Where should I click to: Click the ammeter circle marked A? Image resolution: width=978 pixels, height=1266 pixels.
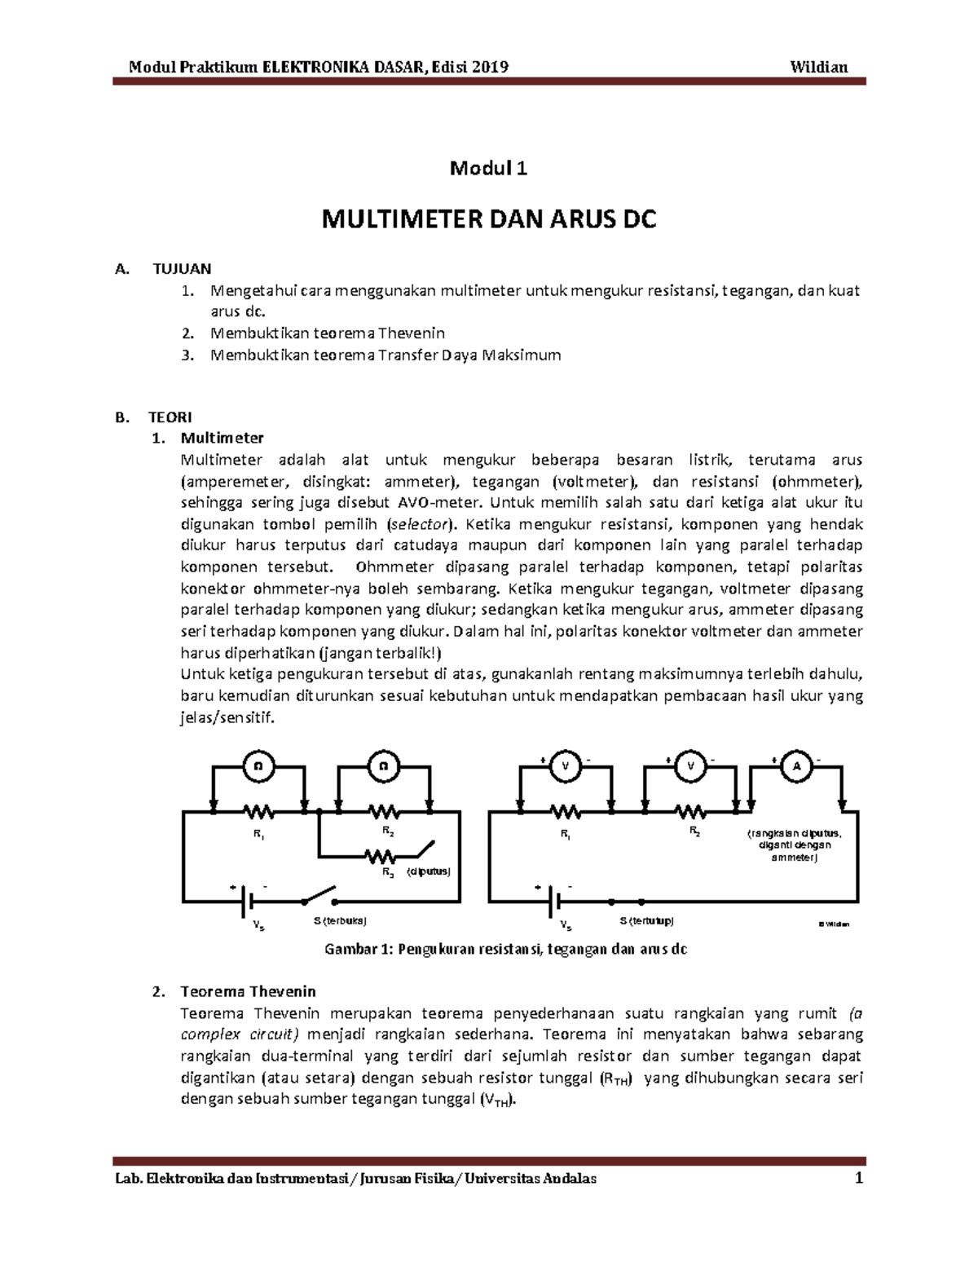pyautogui.click(x=797, y=766)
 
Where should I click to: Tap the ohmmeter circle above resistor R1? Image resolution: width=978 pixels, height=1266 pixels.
pyautogui.click(x=258, y=766)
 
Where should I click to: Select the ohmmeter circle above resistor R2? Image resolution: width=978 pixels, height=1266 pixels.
pyautogui.click(x=383, y=766)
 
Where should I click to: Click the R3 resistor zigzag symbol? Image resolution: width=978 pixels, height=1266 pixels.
pyautogui.click(x=381, y=855)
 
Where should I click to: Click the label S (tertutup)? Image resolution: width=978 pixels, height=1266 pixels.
pyautogui.click(x=646, y=921)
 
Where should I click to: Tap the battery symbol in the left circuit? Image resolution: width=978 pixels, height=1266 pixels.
pyautogui.click(x=247, y=901)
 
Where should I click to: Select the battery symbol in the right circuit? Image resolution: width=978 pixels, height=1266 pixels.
pyautogui.click(x=554, y=901)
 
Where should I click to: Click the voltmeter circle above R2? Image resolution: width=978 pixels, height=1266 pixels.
pyautogui.click(x=691, y=766)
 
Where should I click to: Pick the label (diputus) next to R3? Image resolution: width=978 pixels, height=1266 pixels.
pyautogui.click(x=430, y=871)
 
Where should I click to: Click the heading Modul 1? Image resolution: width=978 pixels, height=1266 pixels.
pyautogui.click(x=489, y=169)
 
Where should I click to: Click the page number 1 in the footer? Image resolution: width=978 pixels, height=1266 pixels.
pyautogui.click(x=858, y=1178)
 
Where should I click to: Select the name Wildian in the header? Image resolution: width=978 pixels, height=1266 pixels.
pyautogui.click(x=819, y=67)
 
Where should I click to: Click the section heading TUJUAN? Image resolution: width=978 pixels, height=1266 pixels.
pyautogui.click(x=182, y=268)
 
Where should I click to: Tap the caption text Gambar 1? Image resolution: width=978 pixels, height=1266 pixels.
pyautogui.click(x=359, y=950)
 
